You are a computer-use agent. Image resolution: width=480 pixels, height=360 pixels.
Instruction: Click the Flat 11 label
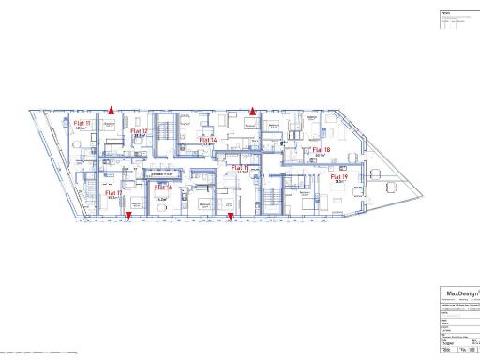[82, 123]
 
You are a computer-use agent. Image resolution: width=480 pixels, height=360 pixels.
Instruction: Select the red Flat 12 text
[139, 131]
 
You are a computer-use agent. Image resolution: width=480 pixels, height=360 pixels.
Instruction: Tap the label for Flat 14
[208, 140]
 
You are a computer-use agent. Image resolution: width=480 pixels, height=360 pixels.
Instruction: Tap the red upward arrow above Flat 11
[111, 109]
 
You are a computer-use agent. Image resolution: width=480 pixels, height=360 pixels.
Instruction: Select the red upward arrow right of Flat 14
[251, 110]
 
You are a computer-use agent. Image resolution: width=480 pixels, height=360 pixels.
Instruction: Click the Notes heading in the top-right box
[446, 14]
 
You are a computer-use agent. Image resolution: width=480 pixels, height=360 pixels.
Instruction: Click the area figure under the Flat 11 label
[82, 128]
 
